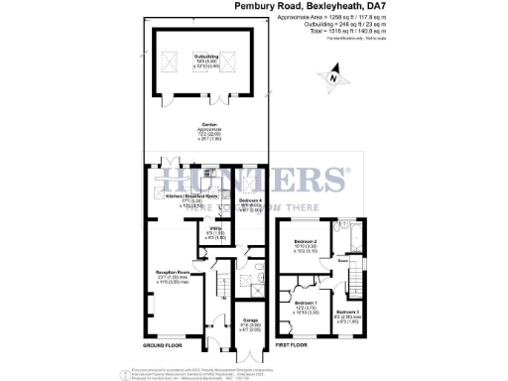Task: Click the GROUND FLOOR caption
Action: pyautogui.click(x=162, y=345)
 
